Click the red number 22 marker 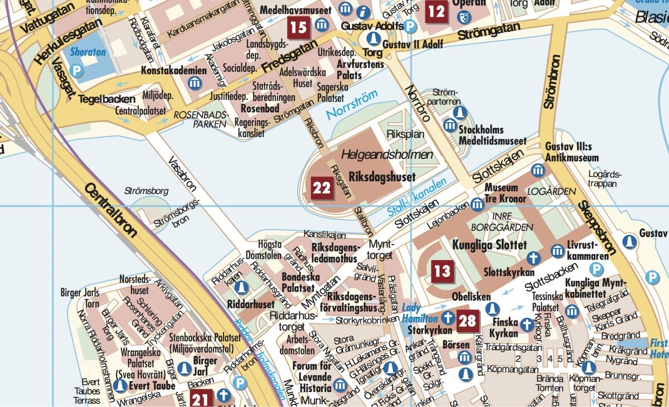click(x=322, y=188)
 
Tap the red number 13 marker click(x=442, y=272)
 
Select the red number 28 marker click(x=468, y=321)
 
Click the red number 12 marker click(x=437, y=11)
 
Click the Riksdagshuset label click(x=382, y=177)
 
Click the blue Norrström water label click(x=352, y=104)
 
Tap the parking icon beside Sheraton click(x=76, y=71)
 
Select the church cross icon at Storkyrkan click(x=447, y=318)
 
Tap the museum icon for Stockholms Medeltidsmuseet click(x=449, y=125)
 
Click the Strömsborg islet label click(x=147, y=191)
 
